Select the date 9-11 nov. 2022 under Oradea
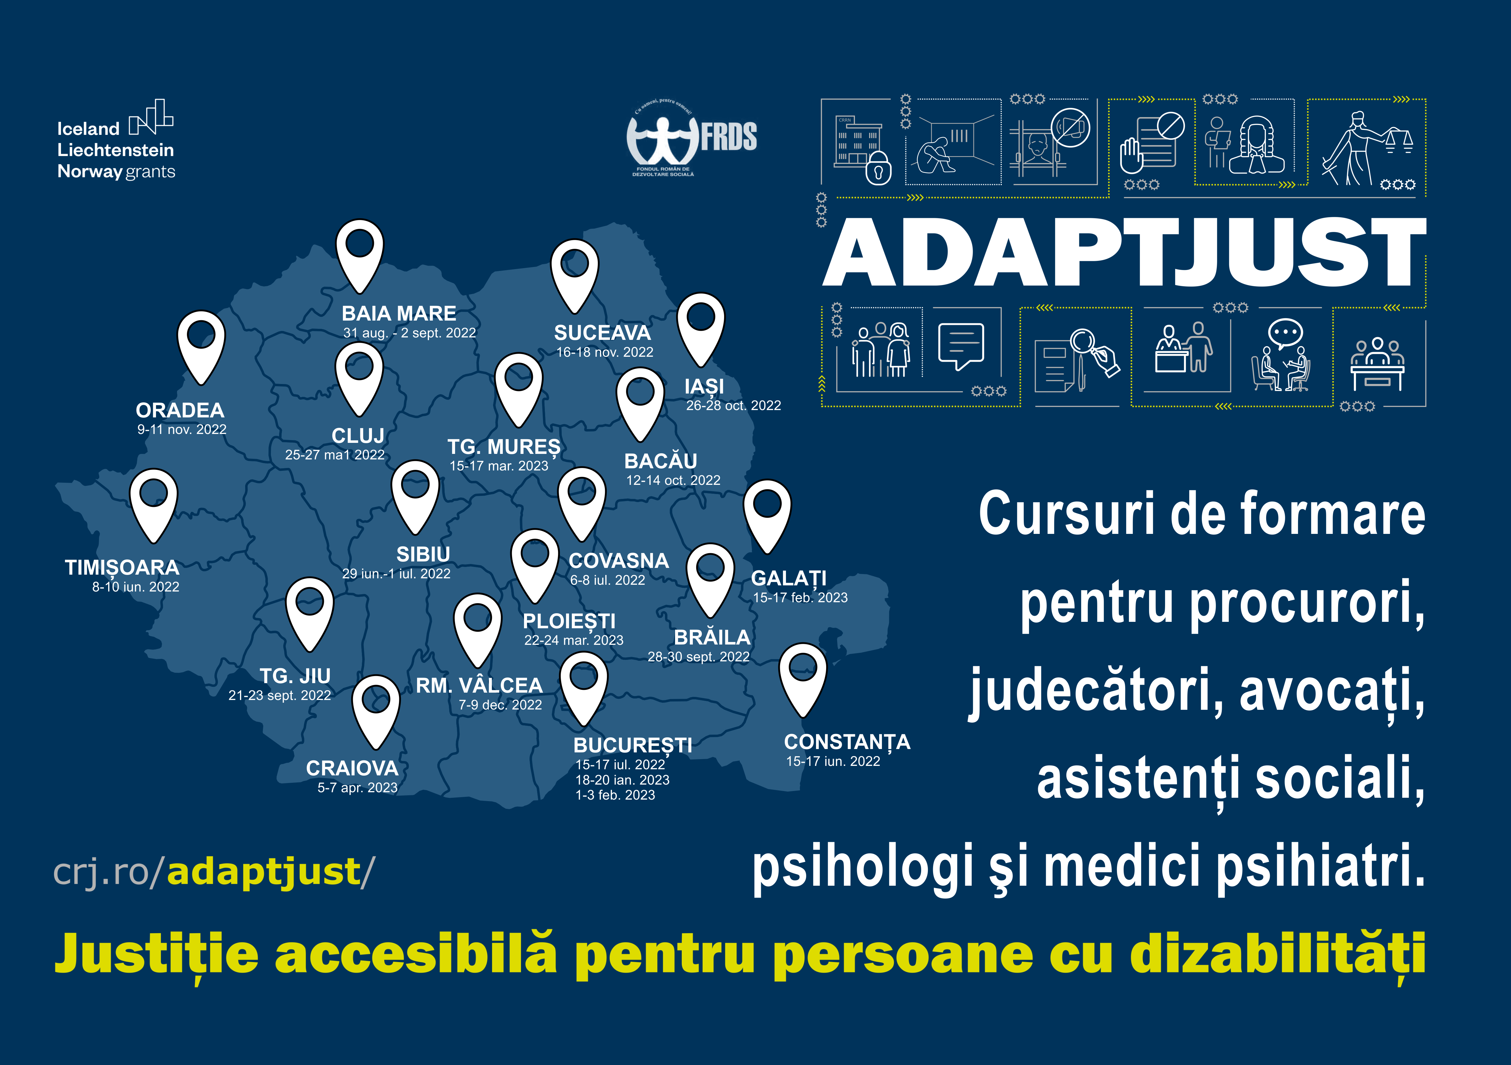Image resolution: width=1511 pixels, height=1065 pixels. pyautogui.click(x=182, y=429)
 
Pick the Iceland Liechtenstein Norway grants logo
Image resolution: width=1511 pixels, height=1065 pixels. pyautogui.click(x=116, y=140)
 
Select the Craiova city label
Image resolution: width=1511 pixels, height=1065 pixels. pyautogui.click(x=352, y=768)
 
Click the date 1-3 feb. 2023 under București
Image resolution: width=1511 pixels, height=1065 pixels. pyautogui.click(x=615, y=795)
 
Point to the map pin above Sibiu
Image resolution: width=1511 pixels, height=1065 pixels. pyautogui.click(x=415, y=497)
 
